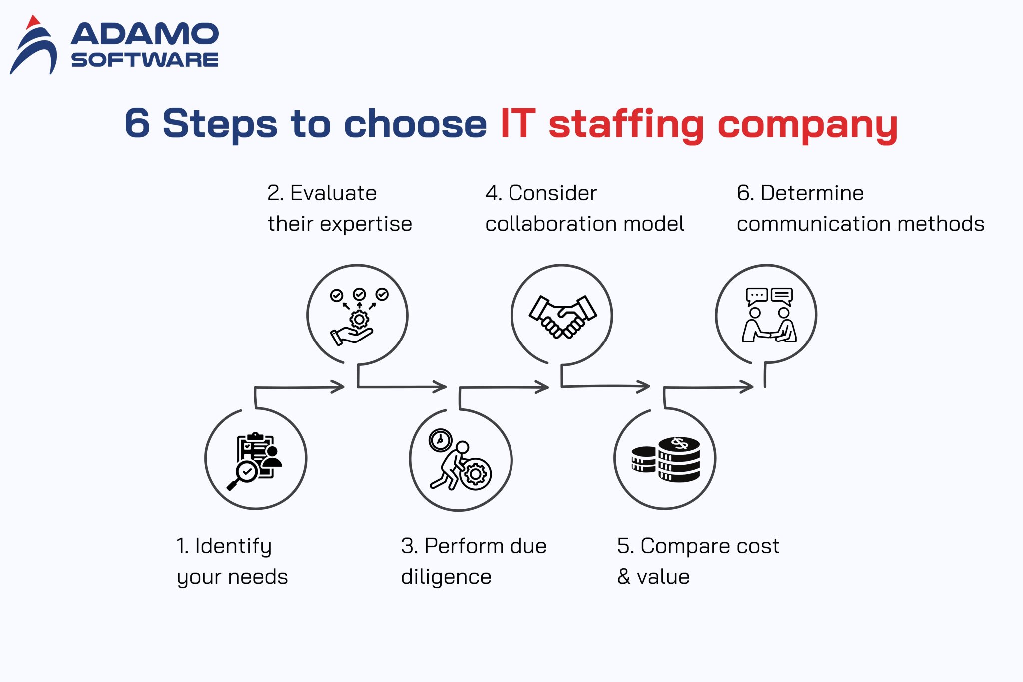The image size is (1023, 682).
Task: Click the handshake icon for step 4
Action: pyautogui.click(x=562, y=316)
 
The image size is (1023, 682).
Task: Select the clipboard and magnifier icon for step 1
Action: pyautogui.click(x=255, y=460)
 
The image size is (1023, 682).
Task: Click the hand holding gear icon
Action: pyautogui.click(x=358, y=316)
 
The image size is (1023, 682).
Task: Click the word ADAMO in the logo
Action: pyautogui.click(x=145, y=34)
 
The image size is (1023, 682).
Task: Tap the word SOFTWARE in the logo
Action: pyautogui.click(x=145, y=60)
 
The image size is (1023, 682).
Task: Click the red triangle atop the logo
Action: pyautogui.click(x=33, y=22)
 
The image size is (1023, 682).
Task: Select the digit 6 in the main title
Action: pyautogui.click(x=137, y=123)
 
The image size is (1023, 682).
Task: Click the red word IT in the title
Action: pyautogui.click(x=518, y=123)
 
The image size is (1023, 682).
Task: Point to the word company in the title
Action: pyautogui.click(x=807, y=125)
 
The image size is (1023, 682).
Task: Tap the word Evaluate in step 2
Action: pyautogui.click(x=333, y=193)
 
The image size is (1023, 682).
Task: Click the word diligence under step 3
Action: pyautogui.click(x=446, y=577)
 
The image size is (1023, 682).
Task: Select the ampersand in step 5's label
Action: pyautogui.click(x=624, y=577)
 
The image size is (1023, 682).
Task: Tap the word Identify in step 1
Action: pyautogui.click(x=233, y=547)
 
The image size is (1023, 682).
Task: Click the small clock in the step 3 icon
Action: pyautogui.click(x=440, y=440)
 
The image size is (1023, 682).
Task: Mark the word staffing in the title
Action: pyautogui.click(x=626, y=125)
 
